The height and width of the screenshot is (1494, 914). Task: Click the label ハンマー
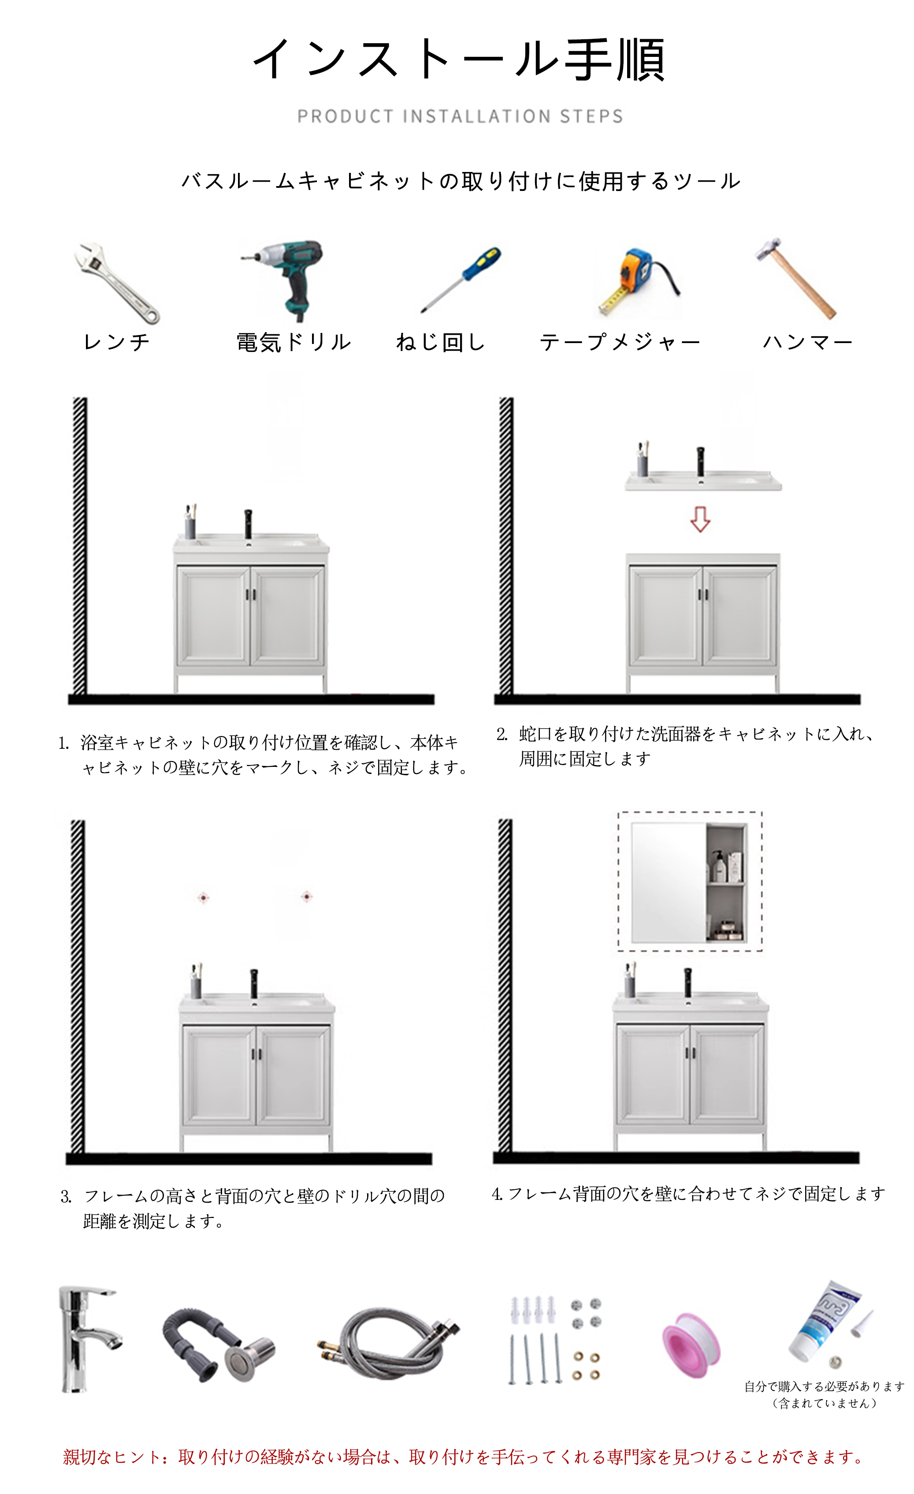pos(807,343)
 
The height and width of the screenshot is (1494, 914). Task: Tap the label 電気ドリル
pos(294,343)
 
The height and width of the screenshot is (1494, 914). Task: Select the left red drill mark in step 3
pos(204,897)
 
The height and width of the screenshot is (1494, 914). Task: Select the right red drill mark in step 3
pos(307,896)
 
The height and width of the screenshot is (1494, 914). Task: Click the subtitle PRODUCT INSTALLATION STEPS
pos(460,116)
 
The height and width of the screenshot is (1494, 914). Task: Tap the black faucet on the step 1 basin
pos(248,525)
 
